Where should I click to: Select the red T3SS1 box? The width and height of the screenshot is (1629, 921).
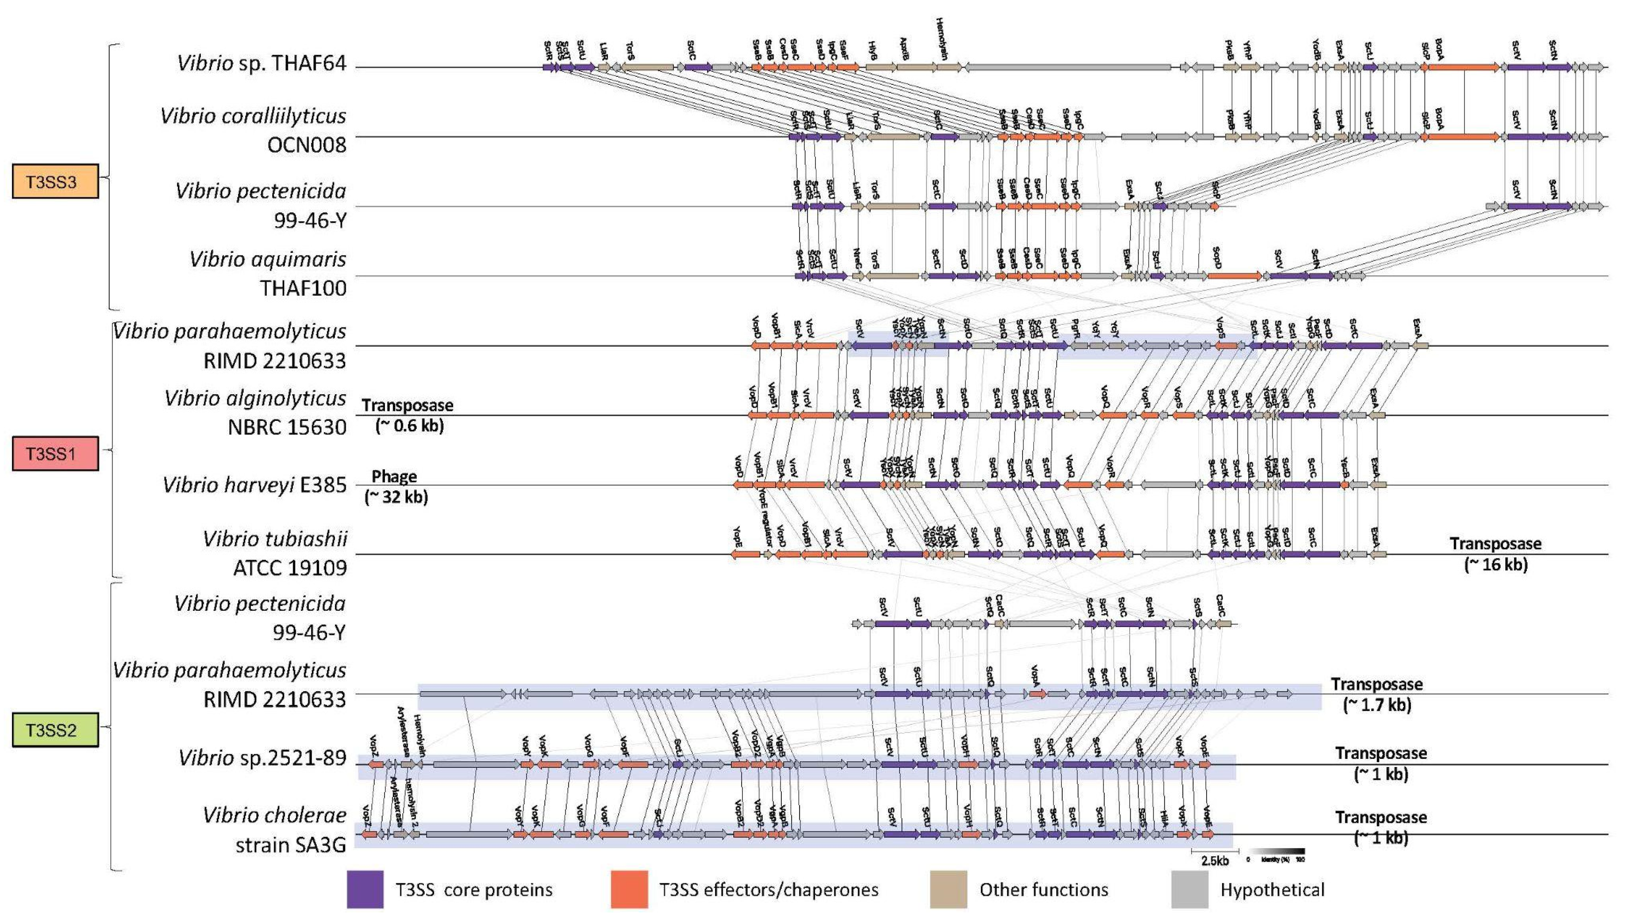55,453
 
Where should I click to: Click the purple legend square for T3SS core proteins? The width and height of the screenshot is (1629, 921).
365,890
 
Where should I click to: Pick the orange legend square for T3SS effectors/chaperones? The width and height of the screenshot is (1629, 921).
628,890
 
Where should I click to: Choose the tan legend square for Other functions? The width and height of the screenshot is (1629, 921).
948,890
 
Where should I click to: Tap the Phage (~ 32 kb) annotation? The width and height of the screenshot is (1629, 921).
396,486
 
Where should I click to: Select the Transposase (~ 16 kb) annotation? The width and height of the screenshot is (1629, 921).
1496,553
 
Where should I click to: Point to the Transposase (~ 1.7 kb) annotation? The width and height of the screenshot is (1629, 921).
1377,694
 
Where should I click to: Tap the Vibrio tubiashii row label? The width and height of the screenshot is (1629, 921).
275,539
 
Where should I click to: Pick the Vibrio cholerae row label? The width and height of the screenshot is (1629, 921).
275,815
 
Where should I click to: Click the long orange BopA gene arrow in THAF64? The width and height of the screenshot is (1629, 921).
1463,66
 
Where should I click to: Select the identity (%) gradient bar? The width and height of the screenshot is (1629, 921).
1277,851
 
